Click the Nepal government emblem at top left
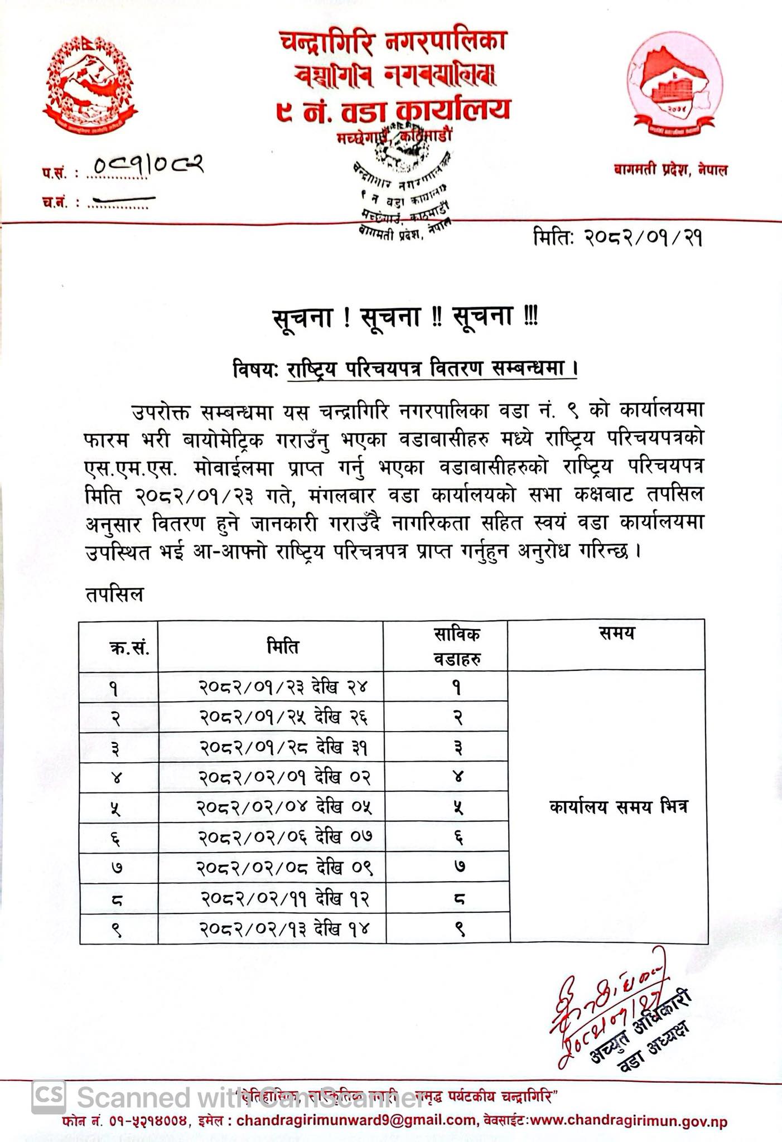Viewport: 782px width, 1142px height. (x=91, y=85)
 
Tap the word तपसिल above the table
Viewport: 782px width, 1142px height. (x=114, y=594)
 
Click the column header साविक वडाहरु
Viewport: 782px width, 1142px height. (x=457, y=646)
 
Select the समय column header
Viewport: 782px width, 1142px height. (x=617, y=633)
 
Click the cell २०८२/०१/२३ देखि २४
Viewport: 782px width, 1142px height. (x=283, y=687)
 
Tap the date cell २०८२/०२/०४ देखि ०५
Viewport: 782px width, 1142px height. (x=284, y=807)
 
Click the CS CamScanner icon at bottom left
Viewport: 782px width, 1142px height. (x=49, y=1095)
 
